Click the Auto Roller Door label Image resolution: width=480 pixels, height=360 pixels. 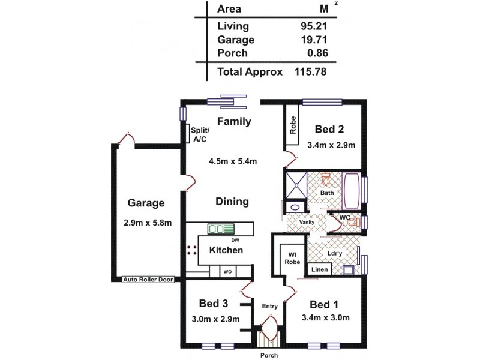coord(148,280)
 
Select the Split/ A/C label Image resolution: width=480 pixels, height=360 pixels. coord(199,134)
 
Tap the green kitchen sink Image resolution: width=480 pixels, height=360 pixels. coord(220,229)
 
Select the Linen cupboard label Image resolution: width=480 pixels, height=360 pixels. coord(320,270)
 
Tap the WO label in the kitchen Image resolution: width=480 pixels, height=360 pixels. coord(228,271)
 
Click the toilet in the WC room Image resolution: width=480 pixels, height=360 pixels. coord(353,223)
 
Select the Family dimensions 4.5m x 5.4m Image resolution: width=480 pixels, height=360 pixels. coord(233,160)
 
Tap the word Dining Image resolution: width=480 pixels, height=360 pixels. coord(233,202)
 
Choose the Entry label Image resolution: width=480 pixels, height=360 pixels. coord(269,306)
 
